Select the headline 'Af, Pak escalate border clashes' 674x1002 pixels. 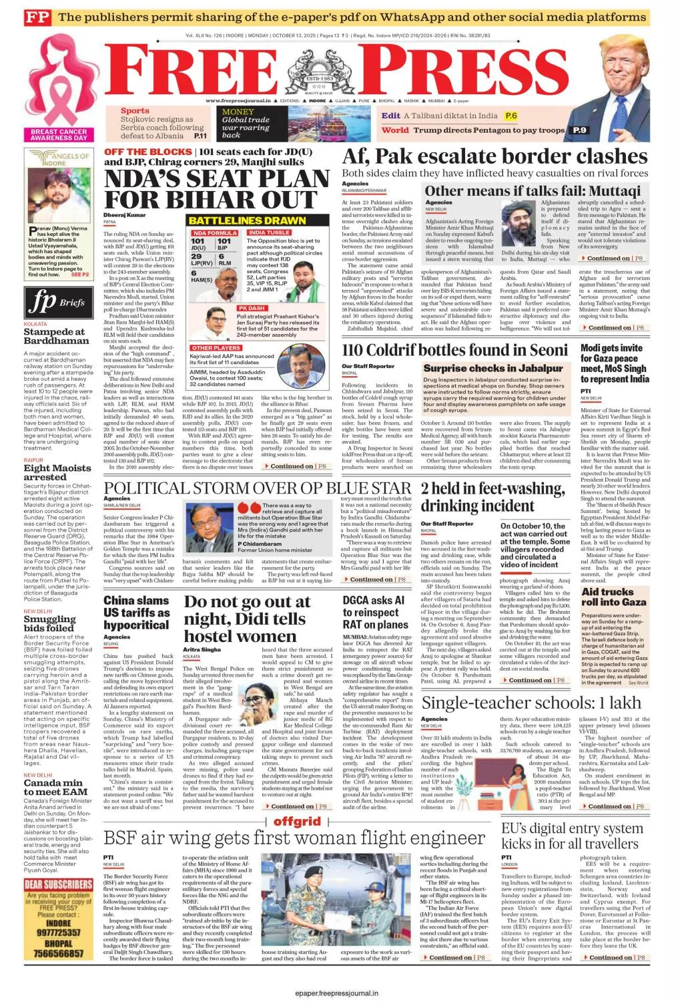coord(494,157)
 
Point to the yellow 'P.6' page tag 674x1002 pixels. coord(511,116)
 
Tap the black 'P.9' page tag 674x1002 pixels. coord(579,130)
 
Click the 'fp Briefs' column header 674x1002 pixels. coord(57,302)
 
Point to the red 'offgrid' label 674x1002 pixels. coord(297,822)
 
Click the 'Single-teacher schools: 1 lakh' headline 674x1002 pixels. coord(531,703)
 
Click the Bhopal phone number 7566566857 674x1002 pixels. coord(59,953)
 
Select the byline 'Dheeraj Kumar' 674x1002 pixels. coord(124,215)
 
